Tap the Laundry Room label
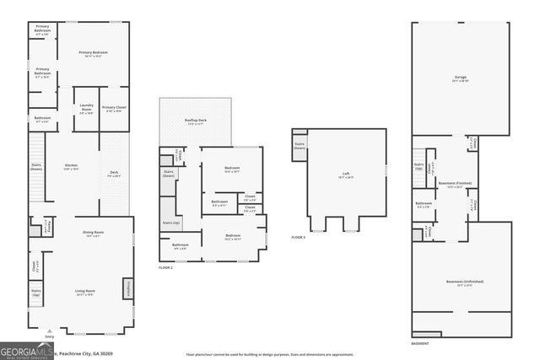click(x=86, y=110)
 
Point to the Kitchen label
click(x=72, y=167)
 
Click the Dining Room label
click(x=92, y=234)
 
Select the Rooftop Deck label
click(x=197, y=122)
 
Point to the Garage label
click(x=460, y=78)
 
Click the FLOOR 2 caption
click(x=166, y=267)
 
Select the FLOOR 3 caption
click(x=298, y=238)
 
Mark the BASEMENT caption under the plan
click(x=420, y=344)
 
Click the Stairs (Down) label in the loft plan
click(x=300, y=146)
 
